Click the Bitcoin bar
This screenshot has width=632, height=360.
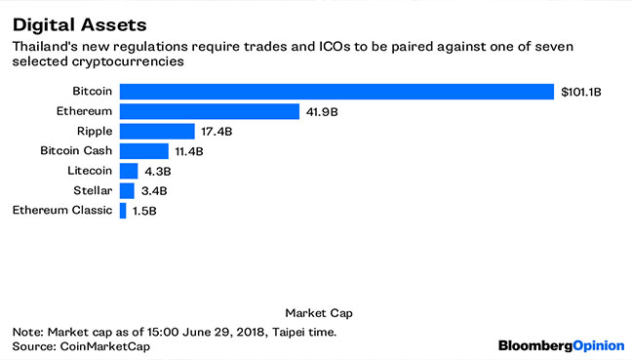336,92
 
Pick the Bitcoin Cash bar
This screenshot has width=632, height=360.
143,151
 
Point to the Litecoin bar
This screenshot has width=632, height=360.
128,171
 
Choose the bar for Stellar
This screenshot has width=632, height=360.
127,190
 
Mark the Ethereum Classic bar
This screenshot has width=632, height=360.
123,210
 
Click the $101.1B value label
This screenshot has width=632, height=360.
581,92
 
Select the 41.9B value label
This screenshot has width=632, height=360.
322,111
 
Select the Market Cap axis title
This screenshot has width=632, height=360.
318,313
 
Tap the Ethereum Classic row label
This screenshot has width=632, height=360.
62,210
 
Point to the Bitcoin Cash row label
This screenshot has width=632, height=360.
77,151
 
